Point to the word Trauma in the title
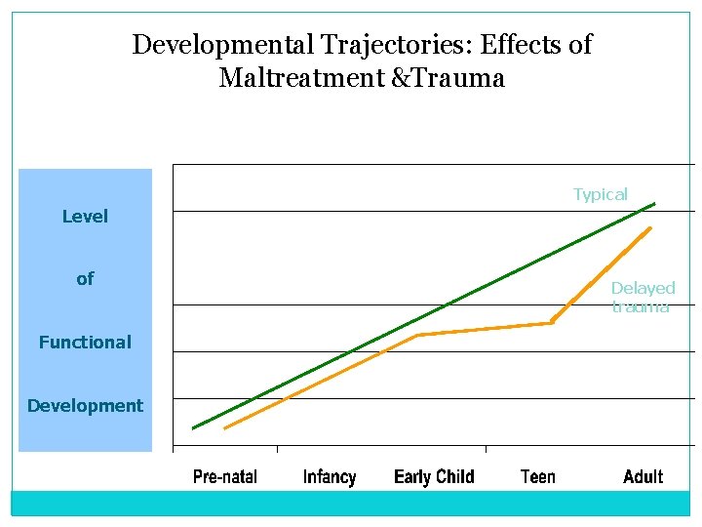pos(457,78)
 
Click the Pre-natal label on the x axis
pos(225,476)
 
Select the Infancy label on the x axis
pos(330,476)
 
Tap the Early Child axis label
pos(434,476)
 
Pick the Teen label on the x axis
pos(538,476)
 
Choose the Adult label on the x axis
pos(643,476)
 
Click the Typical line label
pos(601,194)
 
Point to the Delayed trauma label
pos(643,297)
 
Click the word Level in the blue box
pos(85,217)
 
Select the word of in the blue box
pos(85,279)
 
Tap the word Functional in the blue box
pos(85,343)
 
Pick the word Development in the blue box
pos(85,406)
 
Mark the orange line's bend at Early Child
pos(418,335)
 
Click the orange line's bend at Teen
pos(552,322)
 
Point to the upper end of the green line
pos(655,203)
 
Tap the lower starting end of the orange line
pos(225,427)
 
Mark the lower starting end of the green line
pos(193,427)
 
